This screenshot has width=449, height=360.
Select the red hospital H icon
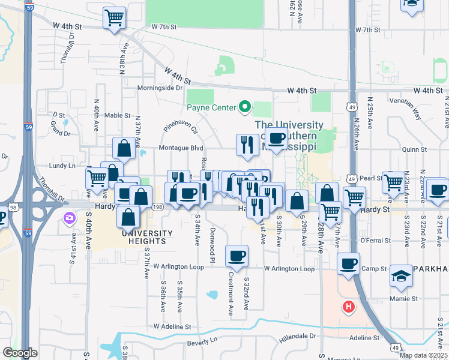(348, 308)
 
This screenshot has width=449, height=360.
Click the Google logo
(20, 353)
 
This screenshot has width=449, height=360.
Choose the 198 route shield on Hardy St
(157, 207)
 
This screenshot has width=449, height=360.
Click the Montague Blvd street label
(181, 148)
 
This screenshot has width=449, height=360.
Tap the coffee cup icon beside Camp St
(348, 263)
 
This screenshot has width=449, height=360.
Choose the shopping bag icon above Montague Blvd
(124, 148)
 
